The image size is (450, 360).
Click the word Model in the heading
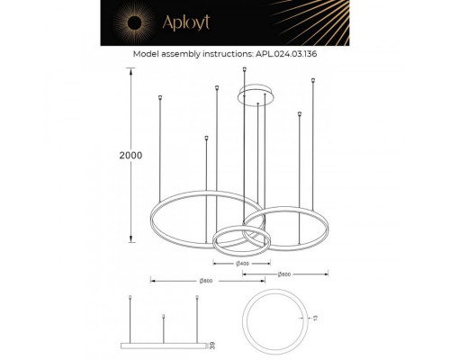click(147, 54)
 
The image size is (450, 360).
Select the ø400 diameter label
click(243, 264)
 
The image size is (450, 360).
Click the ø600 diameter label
click(283, 274)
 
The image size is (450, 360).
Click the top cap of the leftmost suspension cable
click(159, 97)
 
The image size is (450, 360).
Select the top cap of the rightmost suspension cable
click(312, 80)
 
